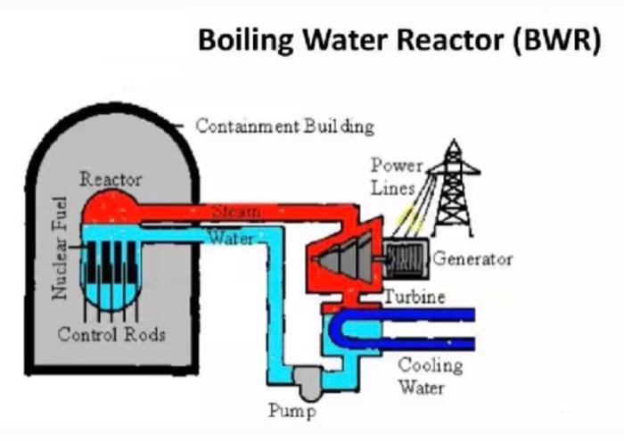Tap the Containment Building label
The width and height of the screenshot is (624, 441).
tap(284, 126)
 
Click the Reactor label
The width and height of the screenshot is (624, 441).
tap(111, 179)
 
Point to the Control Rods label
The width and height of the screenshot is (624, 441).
tap(111, 335)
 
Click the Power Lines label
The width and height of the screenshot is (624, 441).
tap(394, 176)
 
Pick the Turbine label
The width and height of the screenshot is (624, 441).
tap(415, 297)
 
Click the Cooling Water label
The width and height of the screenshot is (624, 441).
tap(431, 375)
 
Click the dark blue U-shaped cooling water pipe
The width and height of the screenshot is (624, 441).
tap(401, 329)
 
